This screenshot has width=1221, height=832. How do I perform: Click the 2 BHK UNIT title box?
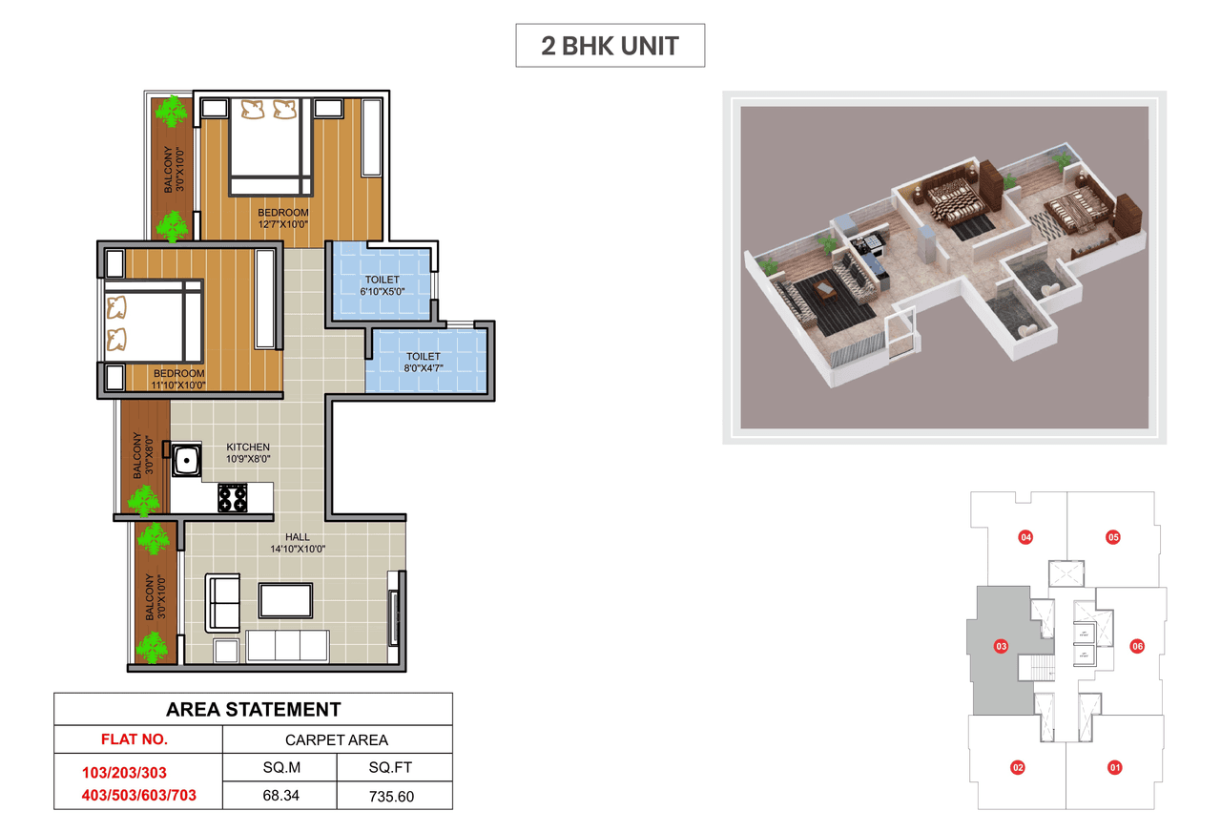[x=610, y=46]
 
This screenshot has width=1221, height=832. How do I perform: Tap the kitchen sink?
[x=187, y=460]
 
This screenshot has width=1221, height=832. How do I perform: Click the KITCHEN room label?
[x=247, y=447]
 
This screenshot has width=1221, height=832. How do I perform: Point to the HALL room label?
[x=298, y=536]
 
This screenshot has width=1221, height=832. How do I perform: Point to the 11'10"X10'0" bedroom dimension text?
[x=179, y=385]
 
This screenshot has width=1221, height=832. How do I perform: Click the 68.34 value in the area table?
[x=280, y=795]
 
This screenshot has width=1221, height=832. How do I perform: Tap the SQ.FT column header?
[x=392, y=767]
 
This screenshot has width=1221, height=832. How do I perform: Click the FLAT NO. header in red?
[x=134, y=738]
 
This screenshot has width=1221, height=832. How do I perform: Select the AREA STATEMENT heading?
[x=253, y=709]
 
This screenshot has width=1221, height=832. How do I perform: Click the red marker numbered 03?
[x=1001, y=646]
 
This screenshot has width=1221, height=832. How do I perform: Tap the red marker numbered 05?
[x=1113, y=537]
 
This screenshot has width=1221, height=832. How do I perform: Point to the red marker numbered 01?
[x=1113, y=766]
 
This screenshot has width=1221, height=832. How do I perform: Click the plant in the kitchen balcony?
[x=145, y=499]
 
